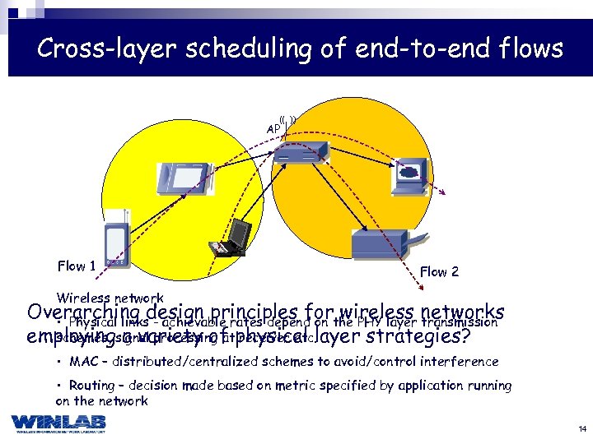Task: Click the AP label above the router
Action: pyautogui.click(x=273, y=128)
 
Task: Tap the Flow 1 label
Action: pyautogui.click(x=77, y=266)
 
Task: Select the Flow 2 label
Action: pyautogui.click(x=439, y=271)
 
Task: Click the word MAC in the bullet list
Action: pyautogui.click(x=82, y=361)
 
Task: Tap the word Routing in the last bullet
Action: pyautogui.click(x=92, y=385)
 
